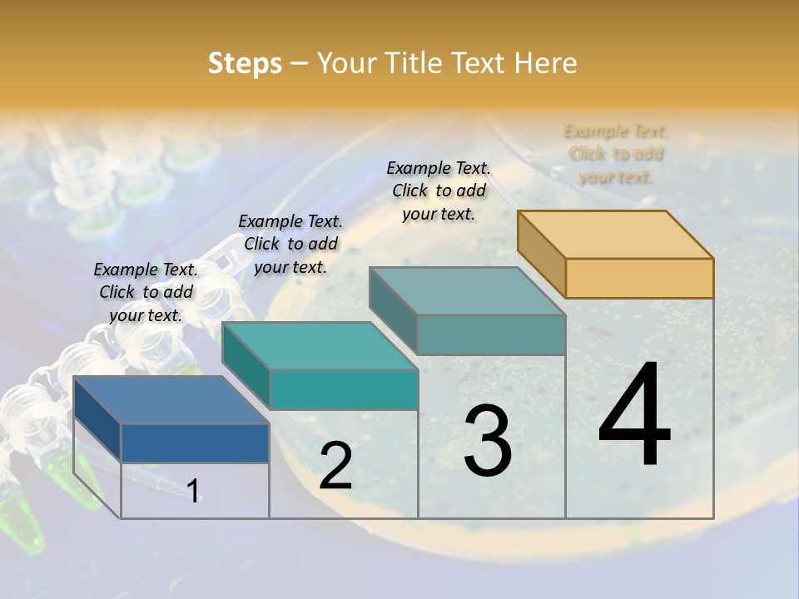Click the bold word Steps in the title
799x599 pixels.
(x=245, y=63)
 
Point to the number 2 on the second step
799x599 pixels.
(x=335, y=466)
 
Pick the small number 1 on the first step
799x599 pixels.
(x=193, y=491)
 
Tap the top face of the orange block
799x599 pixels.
(x=616, y=234)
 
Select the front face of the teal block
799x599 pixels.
(x=344, y=389)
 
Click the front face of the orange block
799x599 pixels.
(x=639, y=278)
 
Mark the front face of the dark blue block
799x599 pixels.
(x=195, y=443)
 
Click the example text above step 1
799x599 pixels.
(x=146, y=293)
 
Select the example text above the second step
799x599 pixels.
(x=290, y=244)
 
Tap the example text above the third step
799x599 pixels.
(x=439, y=191)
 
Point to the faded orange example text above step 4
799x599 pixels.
(x=616, y=154)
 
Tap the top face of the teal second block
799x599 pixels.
(x=320, y=345)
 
